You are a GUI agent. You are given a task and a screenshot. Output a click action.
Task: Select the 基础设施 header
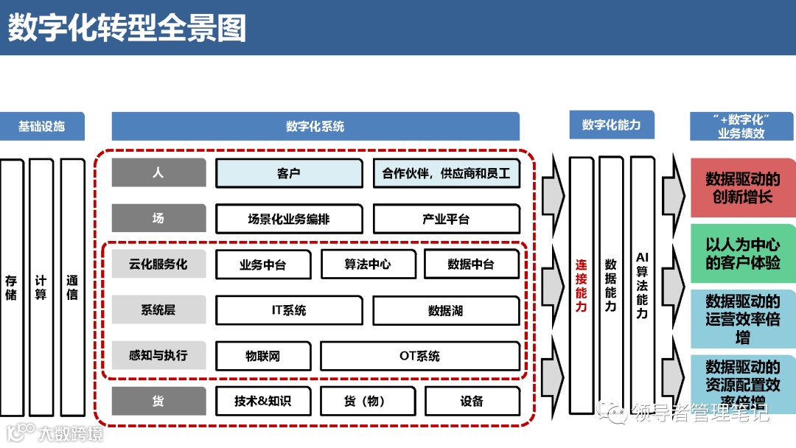pos(42,126)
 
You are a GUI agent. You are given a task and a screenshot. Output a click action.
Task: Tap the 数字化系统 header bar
pos(315,126)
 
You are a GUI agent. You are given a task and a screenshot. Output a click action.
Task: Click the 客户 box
pos(289,174)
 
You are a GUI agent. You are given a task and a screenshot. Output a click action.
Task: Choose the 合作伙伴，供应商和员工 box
pos(446,174)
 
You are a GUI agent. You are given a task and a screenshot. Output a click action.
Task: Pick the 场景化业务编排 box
pos(289,219)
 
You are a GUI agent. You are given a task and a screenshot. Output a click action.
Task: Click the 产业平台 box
pos(446,219)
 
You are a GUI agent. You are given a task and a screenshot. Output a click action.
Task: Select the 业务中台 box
pos(262,265)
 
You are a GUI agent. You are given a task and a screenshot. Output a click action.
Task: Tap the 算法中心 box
pos(368,265)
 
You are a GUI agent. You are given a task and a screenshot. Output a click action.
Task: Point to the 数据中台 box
pos(472,265)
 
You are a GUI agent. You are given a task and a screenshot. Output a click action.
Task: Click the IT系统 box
pos(289,310)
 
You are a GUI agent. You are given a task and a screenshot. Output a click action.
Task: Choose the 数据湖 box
pos(446,310)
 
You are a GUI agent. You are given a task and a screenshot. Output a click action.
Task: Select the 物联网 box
pos(262,356)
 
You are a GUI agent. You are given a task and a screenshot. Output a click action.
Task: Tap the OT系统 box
pos(420,356)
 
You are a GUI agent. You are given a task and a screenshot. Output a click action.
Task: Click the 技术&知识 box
pos(262,401)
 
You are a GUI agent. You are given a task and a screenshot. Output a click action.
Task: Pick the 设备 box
pos(472,401)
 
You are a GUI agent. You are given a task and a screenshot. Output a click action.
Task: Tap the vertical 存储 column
pos(11,287)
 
